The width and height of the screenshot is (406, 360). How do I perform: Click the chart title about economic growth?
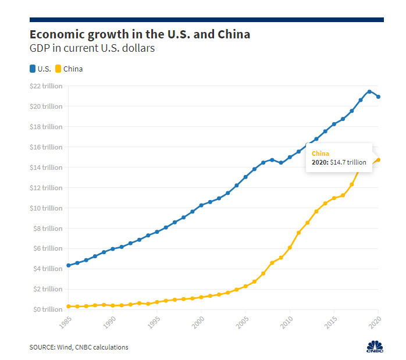pyautogui.click(x=140, y=34)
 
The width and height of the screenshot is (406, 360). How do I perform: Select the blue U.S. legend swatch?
pyautogui.click(x=33, y=69)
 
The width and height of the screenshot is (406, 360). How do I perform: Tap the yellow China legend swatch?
pyautogui.click(x=58, y=69)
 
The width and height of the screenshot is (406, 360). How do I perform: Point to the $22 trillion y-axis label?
pyautogui.click(x=47, y=86)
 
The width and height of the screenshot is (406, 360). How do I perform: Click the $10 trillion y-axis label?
pyautogui.click(x=47, y=208)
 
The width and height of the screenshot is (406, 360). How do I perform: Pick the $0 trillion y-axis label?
pyautogui.click(x=48, y=309)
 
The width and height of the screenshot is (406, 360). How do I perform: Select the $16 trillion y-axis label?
pyautogui.click(x=47, y=147)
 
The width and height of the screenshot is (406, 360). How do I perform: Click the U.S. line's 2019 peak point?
pyautogui.click(x=369, y=91)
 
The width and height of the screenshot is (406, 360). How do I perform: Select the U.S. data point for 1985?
pyautogui.click(x=69, y=265)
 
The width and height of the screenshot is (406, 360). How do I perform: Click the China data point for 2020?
pyautogui.click(x=379, y=159)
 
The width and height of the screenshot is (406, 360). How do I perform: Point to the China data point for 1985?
pyautogui.click(x=69, y=306)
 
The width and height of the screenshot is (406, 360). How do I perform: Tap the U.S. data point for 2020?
pyautogui.click(x=379, y=97)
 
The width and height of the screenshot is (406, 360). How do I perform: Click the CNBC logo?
pyautogui.click(x=375, y=345)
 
